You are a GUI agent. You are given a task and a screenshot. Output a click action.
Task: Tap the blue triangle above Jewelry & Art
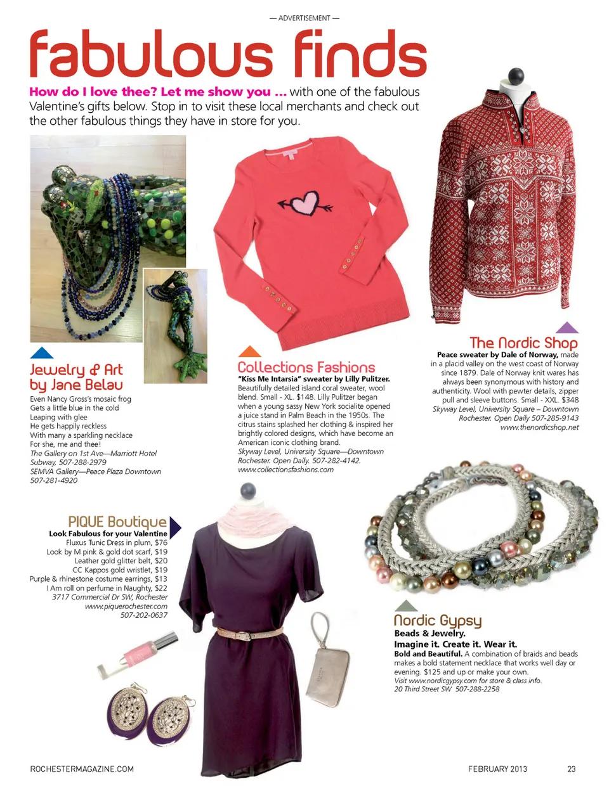click(x=41, y=353)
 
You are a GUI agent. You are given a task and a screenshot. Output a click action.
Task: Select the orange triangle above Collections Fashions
click(x=249, y=352)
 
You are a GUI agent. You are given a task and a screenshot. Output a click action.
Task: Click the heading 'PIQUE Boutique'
click(x=117, y=522)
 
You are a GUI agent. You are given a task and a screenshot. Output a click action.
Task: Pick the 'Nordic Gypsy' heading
click(x=438, y=620)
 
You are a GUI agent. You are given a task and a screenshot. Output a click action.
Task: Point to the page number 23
click(x=572, y=769)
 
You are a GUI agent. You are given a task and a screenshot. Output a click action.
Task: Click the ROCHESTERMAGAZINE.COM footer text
click(x=82, y=769)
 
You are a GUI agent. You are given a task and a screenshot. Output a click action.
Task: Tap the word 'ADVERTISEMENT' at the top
click(x=304, y=18)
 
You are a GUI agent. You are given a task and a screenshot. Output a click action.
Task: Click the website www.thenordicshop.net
click(x=539, y=427)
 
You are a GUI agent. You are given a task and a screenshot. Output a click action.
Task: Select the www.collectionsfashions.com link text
click(x=285, y=470)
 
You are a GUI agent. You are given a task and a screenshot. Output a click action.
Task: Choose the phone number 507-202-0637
click(x=144, y=615)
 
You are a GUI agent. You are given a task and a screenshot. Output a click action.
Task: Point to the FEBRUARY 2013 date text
click(x=497, y=769)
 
